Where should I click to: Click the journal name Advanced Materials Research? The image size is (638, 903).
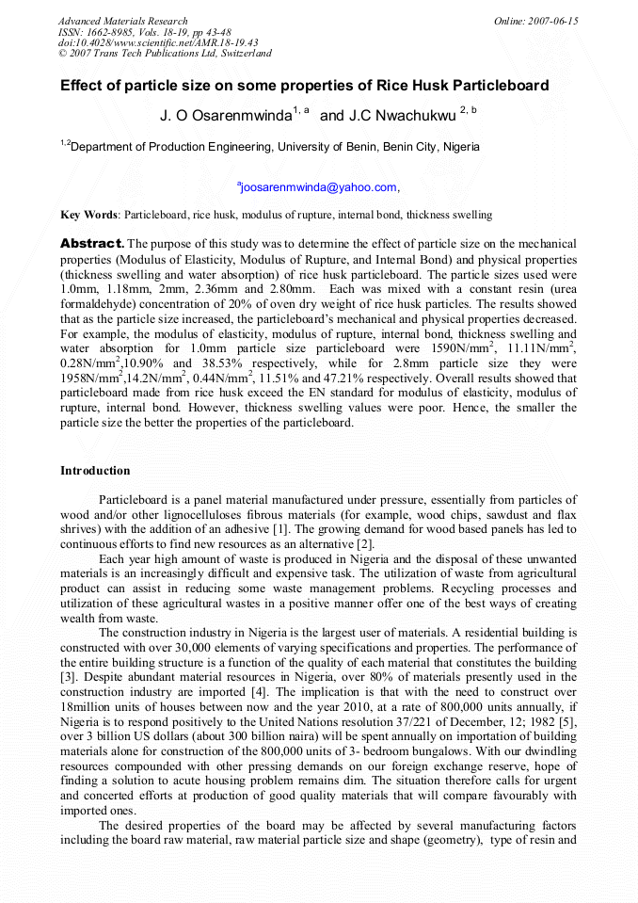[122, 21]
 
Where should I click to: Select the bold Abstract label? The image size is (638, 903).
[92, 244]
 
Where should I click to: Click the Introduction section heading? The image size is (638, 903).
[95, 471]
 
